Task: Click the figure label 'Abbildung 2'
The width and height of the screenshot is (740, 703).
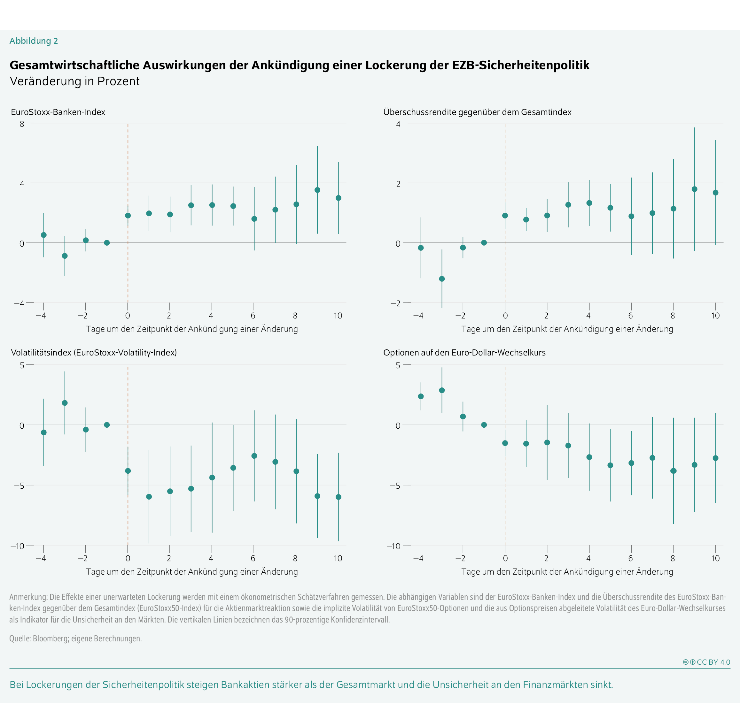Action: coord(34,41)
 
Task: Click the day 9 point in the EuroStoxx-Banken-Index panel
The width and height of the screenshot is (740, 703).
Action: coord(317,190)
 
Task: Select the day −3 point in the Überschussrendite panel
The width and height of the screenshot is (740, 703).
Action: coord(442,279)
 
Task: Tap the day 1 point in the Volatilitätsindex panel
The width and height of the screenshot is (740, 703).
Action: coord(149,497)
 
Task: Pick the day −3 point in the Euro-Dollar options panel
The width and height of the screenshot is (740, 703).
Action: coord(442,391)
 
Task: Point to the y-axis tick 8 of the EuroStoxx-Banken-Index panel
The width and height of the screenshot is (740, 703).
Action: coord(22,124)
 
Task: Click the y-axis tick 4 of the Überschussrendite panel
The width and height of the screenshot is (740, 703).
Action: coord(398,124)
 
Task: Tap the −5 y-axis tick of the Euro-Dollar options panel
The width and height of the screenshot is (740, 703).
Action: coord(395,486)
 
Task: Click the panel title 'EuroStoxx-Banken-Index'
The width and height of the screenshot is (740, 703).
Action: coord(58,112)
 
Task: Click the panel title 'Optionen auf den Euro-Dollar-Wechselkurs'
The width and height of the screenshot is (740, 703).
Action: coord(464,353)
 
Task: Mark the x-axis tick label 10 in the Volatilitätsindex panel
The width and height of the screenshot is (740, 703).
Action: coord(338,558)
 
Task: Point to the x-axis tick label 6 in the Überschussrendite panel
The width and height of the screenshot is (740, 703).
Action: coord(630,316)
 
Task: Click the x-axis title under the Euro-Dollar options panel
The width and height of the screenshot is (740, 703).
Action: coord(567,572)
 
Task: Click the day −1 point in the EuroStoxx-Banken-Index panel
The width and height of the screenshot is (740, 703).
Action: coord(107,243)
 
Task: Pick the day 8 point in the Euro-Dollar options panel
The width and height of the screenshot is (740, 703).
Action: coord(674,471)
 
